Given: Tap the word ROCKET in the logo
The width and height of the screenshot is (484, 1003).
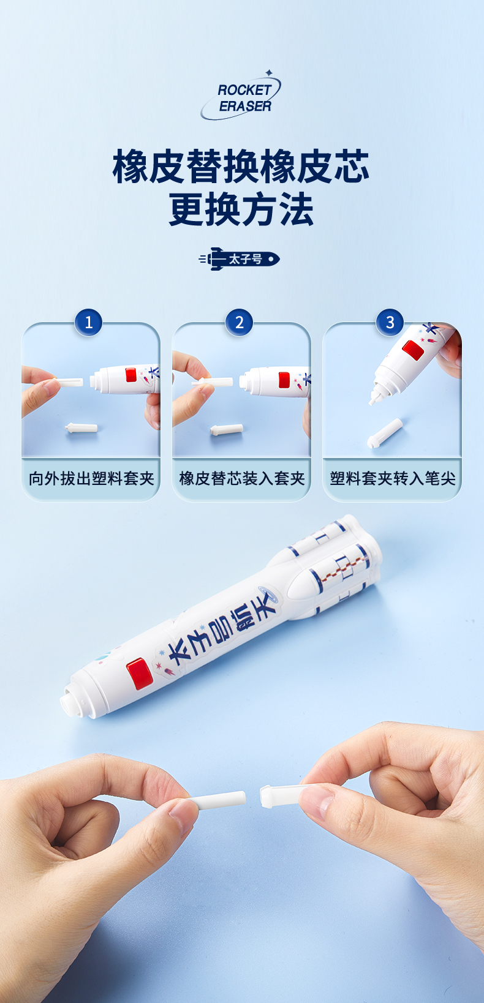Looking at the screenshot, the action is tap(244, 90).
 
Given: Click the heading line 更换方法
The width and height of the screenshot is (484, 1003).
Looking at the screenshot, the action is tap(241, 209).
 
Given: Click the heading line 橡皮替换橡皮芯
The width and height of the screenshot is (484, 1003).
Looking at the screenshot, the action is tap(241, 166).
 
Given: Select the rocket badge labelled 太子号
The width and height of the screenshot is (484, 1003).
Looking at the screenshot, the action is tap(240, 259).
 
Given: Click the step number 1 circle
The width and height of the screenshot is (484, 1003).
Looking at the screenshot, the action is tap(88, 322).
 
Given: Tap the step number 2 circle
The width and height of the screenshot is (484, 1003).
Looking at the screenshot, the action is tap(239, 322).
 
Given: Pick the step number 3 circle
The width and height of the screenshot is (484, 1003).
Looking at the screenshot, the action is tap(390, 322).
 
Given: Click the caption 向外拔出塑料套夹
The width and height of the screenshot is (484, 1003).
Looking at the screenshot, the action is tap(91, 479).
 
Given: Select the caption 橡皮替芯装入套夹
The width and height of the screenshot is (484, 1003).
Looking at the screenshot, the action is tap(242, 479).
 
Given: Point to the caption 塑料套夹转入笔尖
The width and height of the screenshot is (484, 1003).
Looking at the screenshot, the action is tap(393, 479).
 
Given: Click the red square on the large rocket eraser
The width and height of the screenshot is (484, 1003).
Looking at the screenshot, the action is tap(139, 673).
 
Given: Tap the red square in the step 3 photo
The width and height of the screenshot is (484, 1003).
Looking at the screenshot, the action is tap(413, 350).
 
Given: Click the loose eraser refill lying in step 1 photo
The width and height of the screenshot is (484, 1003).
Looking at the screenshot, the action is tap(81, 427).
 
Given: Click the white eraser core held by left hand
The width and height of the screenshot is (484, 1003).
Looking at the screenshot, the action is tap(217, 800).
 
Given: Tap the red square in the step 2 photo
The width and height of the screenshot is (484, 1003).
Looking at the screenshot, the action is tap(284, 380).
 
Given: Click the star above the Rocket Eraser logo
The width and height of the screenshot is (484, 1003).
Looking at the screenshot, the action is tap(269, 72).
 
